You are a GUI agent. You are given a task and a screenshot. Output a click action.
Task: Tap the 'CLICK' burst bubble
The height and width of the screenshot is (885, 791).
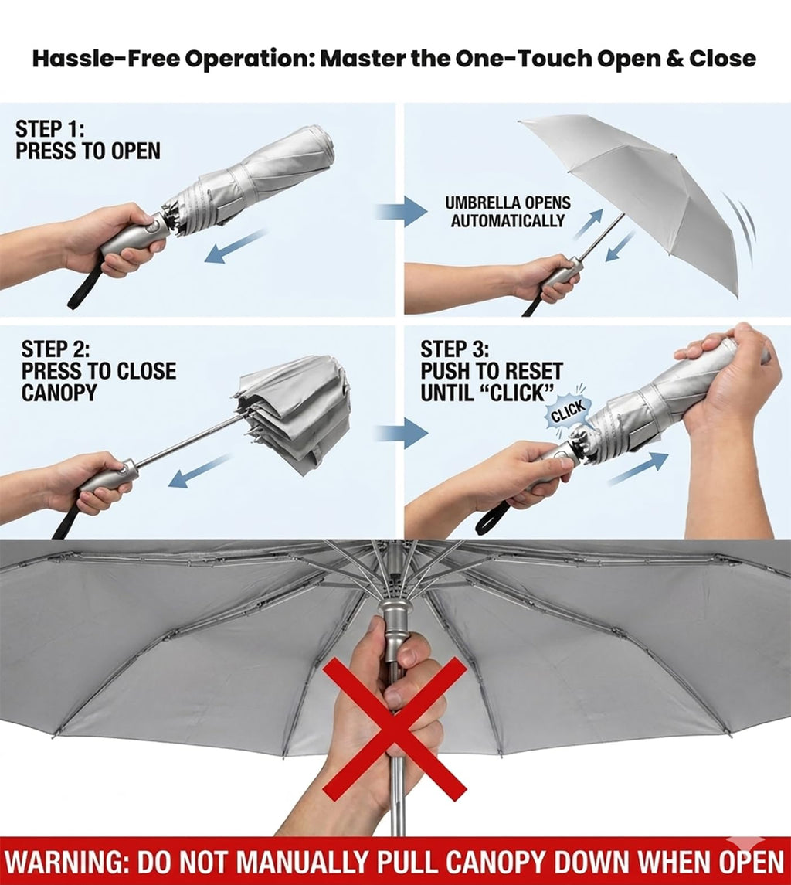[568, 414]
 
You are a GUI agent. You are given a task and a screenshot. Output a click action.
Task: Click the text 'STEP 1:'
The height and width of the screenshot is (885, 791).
[49, 129]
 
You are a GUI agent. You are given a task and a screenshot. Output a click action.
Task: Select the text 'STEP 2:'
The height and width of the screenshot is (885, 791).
[56, 349]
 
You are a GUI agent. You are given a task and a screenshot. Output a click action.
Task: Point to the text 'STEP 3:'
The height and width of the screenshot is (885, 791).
[455, 349]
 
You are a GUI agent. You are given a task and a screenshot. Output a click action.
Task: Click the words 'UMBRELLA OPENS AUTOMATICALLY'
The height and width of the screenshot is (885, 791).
[508, 212]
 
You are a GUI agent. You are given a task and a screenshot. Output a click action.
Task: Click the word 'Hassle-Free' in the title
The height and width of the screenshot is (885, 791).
[105, 58]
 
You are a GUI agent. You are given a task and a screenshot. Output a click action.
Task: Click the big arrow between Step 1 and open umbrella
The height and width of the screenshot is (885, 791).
[402, 213]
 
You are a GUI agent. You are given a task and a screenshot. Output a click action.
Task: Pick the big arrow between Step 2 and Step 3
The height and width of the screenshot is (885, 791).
[402, 434]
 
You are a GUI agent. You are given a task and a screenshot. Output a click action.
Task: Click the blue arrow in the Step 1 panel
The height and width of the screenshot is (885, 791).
[236, 246]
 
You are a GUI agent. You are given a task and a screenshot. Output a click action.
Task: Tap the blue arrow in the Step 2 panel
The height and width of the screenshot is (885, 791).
[199, 471]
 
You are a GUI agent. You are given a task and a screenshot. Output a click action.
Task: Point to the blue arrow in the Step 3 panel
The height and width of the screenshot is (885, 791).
[638, 468]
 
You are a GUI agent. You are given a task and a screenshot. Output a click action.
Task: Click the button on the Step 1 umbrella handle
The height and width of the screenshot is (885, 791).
[151, 228]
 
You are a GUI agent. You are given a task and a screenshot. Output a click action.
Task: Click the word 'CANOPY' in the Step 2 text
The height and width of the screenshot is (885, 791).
[59, 393]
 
